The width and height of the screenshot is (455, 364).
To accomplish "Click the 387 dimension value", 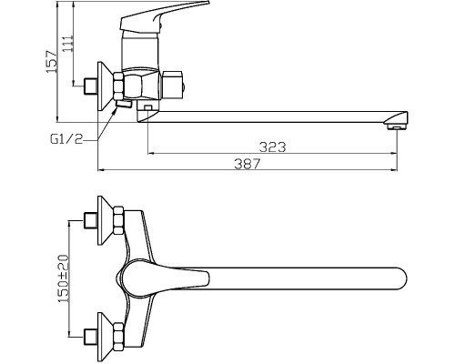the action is pyautogui.click(x=248, y=164).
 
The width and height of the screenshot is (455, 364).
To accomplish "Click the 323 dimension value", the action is pyautogui.click(x=272, y=147).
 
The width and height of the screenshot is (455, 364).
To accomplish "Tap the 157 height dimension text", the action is pyautogui.click(x=51, y=62).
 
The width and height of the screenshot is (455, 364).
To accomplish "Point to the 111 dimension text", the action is pyautogui.click(x=67, y=44).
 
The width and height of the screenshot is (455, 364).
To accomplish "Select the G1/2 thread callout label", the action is pyautogui.click(x=66, y=139).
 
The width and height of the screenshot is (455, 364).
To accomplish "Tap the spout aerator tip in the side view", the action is pyautogui.click(x=397, y=126).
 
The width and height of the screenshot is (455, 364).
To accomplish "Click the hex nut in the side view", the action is pyautogui.click(x=119, y=86).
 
